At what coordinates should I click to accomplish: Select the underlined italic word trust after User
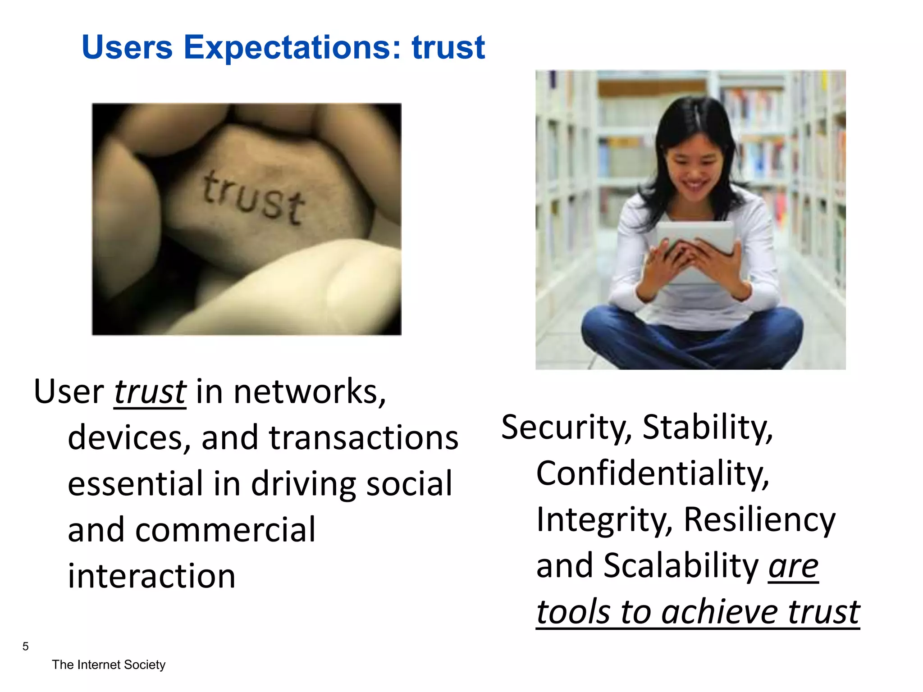tap(150, 392)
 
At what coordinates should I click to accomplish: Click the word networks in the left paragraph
tap(309, 392)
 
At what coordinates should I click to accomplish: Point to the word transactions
tap(363, 438)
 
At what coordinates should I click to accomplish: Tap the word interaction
tap(151, 576)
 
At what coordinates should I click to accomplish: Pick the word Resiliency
tap(759, 519)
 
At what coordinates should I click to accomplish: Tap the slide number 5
tap(25, 646)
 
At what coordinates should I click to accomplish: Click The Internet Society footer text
tap(109, 665)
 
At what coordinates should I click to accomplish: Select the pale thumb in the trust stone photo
tap(293, 288)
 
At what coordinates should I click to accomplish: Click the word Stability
tap(708, 427)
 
